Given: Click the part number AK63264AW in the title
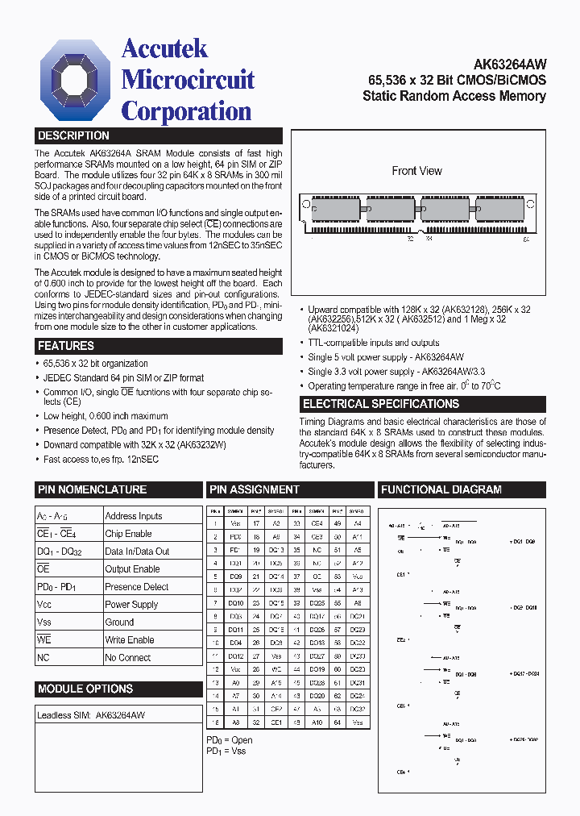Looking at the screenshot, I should [x=508, y=65].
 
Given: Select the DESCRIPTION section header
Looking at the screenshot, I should [x=73, y=136].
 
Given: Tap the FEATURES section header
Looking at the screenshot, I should [x=66, y=346].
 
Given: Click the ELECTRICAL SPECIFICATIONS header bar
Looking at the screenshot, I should [x=380, y=404].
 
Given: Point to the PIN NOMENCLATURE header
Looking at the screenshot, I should [x=92, y=489].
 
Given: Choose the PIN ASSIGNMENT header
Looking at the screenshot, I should [x=255, y=489].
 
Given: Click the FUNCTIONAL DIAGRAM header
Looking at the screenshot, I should [x=441, y=489].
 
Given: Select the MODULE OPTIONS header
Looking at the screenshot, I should [x=85, y=689].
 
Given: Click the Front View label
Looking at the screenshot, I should [x=416, y=171].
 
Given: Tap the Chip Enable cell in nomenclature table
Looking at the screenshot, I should [x=128, y=534].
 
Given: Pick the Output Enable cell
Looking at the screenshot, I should [x=132, y=569].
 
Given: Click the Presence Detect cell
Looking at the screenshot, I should [x=136, y=587].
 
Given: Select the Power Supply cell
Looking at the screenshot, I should [x=131, y=605].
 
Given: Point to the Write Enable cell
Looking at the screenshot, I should [x=129, y=640].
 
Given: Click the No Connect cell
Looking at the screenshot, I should [x=127, y=658].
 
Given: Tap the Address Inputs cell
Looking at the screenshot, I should [x=133, y=516].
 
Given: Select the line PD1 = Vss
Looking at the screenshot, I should [x=226, y=751].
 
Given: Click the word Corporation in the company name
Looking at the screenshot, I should [x=186, y=111].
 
